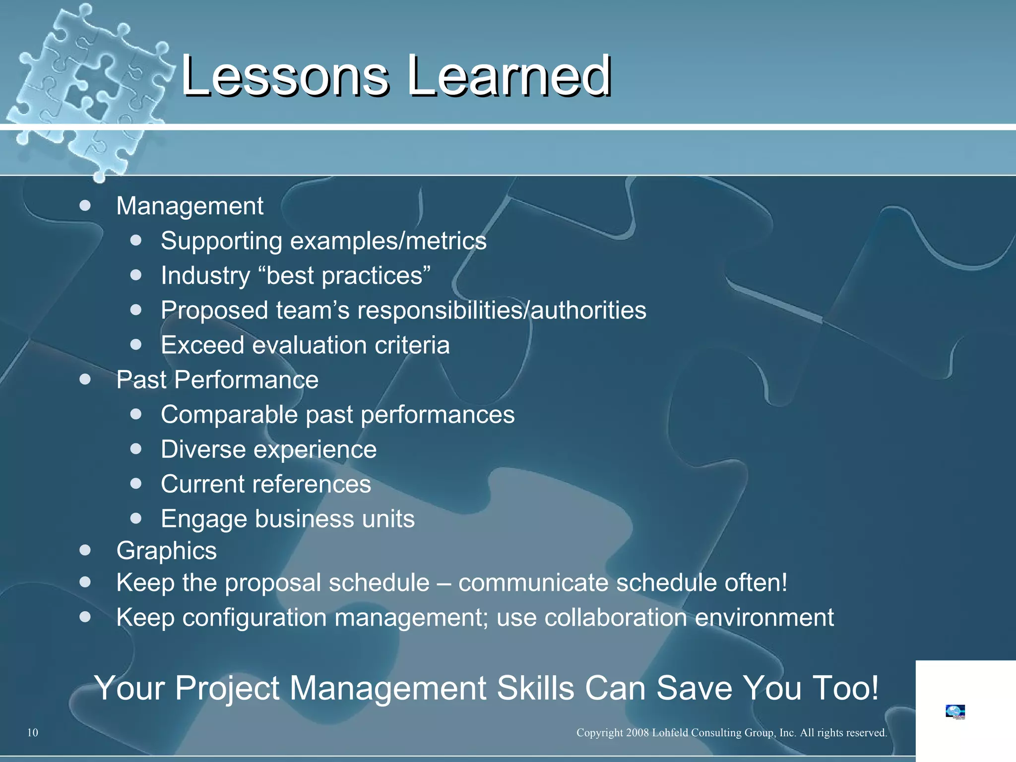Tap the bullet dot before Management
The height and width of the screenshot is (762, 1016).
tap(85, 205)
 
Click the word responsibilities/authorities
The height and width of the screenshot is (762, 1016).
tap(502, 311)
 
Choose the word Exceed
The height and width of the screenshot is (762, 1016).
tap(202, 345)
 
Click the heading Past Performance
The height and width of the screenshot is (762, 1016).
tap(217, 380)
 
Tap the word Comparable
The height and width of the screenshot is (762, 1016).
tap(229, 415)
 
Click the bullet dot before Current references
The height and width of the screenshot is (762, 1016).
tap(136, 483)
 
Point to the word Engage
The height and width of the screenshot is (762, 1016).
tap(204, 519)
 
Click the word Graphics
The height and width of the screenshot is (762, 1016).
tap(166, 551)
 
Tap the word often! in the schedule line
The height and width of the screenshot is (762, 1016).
tap(756, 582)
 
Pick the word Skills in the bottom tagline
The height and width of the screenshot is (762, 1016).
tap(536, 688)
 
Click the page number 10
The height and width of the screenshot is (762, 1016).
tap(32, 733)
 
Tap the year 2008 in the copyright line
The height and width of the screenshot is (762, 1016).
tap(637, 733)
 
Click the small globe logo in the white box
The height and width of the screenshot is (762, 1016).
tap(955, 711)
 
